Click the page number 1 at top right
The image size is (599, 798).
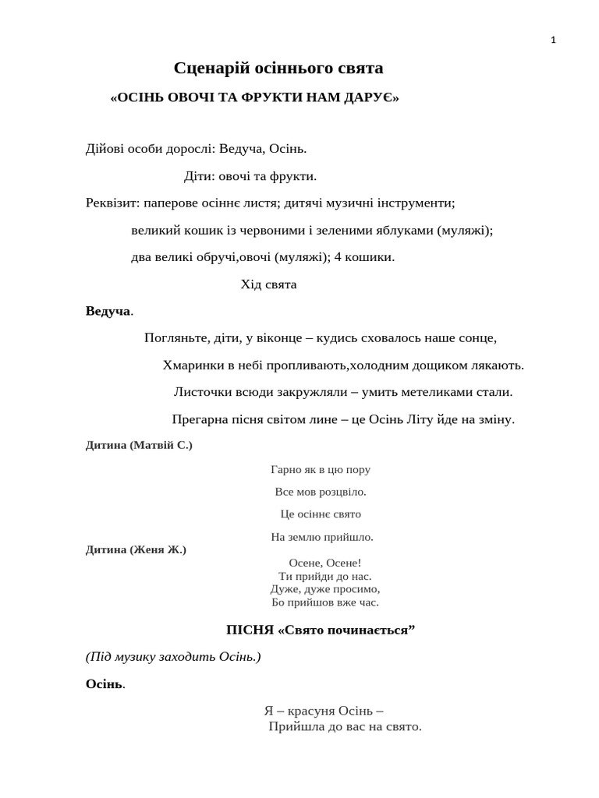point(553,41)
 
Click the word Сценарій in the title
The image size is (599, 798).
point(206,69)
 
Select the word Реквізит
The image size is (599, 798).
point(112,203)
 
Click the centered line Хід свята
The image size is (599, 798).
point(268,284)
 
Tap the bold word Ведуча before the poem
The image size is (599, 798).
point(108,312)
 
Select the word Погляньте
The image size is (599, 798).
point(175,338)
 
